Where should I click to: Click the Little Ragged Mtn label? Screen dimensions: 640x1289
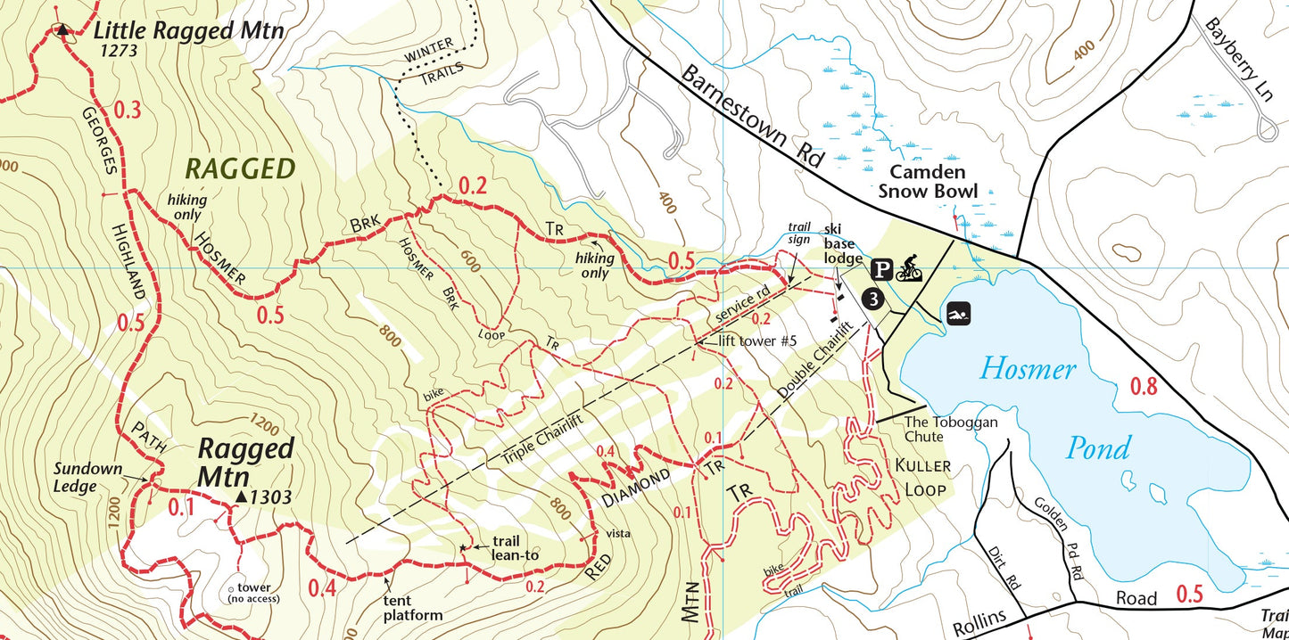tap(188, 30)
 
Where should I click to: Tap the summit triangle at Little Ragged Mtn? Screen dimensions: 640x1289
tap(61, 30)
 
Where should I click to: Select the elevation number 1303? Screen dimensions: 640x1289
tap(270, 497)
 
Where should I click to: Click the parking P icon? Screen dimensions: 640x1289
tap(881, 269)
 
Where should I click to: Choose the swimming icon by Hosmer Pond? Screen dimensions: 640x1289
tap(959, 315)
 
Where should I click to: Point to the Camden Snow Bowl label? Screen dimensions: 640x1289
tap(928, 181)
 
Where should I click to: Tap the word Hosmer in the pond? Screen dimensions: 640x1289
tap(1029, 368)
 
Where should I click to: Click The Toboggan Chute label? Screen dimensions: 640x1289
tap(950, 430)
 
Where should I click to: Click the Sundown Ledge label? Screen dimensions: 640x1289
tap(86, 476)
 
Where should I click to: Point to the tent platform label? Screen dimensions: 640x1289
tap(412, 608)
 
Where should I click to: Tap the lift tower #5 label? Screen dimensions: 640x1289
tap(756, 340)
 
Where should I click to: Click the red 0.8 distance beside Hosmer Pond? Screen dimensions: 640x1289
tap(1144, 387)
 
